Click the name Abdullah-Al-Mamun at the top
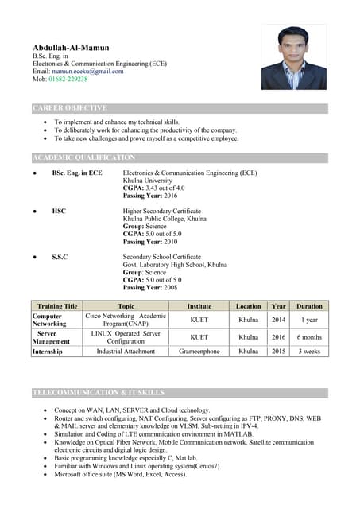click(x=71, y=48)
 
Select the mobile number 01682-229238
click(x=68, y=80)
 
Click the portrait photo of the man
click(x=294, y=57)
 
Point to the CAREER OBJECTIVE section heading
click(x=70, y=108)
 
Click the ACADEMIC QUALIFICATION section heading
click(x=84, y=158)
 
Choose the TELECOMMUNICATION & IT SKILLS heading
click(x=99, y=393)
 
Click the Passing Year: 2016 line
click(x=150, y=195)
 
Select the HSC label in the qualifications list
click(x=59, y=211)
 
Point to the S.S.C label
click(x=60, y=258)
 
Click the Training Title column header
click(x=56, y=306)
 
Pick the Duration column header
click(x=309, y=306)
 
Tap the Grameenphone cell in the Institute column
click(x=199, y=351)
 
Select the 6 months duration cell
click(x=309, y=337)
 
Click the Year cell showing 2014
click(x=278, y=320)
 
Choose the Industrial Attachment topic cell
click(x=126, y=351)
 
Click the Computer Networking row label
click(x=49, y=320)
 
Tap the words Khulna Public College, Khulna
click(x=165, y=218)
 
